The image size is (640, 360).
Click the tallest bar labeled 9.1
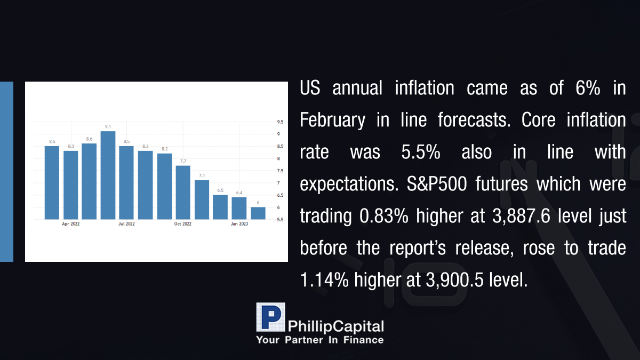click(108, 175)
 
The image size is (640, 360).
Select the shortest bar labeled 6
click(258, 213)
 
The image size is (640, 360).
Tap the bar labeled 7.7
click(183, 193)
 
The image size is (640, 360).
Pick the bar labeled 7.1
click(202, 199)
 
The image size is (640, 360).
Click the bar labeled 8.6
click(89, 181)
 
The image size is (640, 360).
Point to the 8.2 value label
click(165, 149)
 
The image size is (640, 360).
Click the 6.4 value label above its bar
click(239, 193)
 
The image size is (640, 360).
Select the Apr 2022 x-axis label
click(70, 223)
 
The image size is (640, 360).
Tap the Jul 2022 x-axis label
click(126, 223)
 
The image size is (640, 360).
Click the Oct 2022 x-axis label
click(183, 223)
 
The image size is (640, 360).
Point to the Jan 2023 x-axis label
click(239, 223)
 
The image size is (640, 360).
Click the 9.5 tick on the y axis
click(281, 122)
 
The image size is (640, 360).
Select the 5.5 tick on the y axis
click(281, 220)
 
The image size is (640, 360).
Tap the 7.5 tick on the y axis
click(281, 171)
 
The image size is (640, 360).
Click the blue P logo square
click(270, 317)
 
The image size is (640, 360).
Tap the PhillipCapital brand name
click(335, 326)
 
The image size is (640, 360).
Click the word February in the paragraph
click(333, 120)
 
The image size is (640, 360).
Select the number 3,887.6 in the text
click(521, 216)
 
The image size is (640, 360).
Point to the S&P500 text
click(437, 183)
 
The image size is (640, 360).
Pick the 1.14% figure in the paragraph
click(325, 279)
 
